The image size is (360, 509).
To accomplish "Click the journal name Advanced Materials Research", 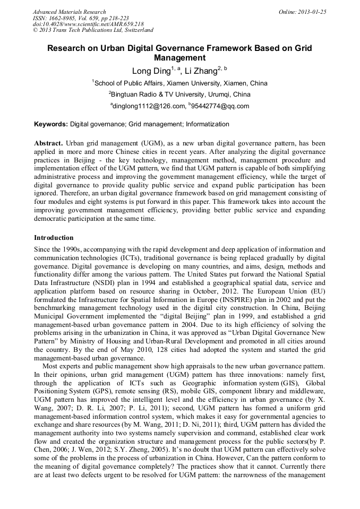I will (x=70, y=12).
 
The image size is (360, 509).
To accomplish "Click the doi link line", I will (x=88, y=24).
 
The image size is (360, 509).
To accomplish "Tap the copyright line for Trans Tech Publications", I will (x=93, y=30).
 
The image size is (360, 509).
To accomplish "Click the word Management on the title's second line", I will (x=179, y=58).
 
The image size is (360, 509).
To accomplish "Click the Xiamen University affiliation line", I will (x=179, y=83).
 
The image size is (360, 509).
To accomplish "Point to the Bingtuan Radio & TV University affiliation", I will (x=179, y=94).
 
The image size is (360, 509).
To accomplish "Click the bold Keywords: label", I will (x=51, y=124).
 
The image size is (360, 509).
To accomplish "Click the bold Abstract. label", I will (x=49, y=144).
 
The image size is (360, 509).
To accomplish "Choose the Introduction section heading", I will (x=54, y=237).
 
